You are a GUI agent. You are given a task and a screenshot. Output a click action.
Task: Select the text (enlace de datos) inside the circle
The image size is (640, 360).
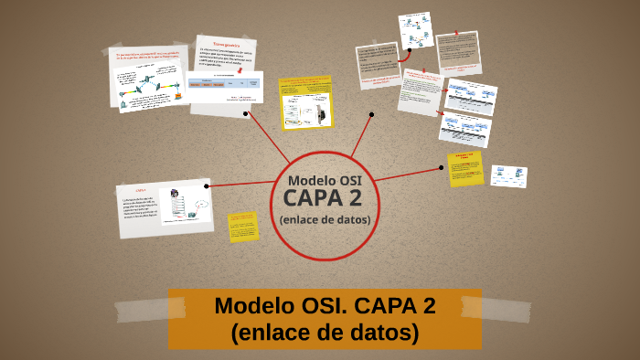325,219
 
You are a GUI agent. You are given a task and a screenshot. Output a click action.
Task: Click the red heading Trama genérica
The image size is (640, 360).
225,44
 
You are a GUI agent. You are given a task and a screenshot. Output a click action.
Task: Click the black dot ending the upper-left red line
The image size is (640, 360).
246,114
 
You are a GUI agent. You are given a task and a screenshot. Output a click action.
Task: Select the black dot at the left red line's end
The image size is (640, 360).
208,186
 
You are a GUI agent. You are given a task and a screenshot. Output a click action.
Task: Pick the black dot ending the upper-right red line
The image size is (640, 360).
372,114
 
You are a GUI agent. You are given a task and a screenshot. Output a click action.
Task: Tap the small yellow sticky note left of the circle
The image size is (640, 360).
243,227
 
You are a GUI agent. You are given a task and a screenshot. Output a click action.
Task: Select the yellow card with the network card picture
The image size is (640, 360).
305,102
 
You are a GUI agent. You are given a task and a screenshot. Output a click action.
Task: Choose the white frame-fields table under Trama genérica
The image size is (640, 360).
224,89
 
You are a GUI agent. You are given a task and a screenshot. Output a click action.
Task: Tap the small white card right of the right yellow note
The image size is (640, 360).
508,176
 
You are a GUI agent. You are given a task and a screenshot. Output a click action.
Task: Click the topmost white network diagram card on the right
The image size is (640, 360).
415,33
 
